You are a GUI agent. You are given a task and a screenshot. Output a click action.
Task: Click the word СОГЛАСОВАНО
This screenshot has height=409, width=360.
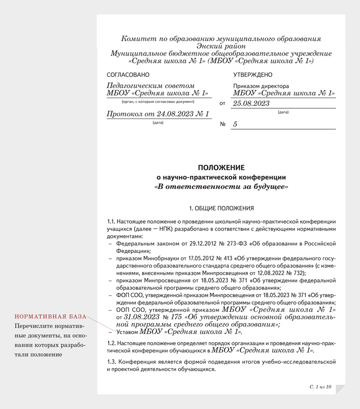(x=128, y=75)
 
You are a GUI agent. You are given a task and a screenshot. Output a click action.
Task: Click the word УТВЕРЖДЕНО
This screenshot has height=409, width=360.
(x=253, y=75)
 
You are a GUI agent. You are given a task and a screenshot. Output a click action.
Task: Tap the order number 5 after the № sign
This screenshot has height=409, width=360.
(x=235, y=124)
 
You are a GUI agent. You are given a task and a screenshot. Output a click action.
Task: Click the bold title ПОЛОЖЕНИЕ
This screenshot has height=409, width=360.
(x=221, y=168)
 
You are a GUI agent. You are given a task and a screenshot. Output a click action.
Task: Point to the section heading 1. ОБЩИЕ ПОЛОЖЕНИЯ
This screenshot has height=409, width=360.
(x=221, y=208)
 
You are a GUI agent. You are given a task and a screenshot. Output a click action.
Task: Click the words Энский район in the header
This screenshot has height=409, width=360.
(x=221, y=46)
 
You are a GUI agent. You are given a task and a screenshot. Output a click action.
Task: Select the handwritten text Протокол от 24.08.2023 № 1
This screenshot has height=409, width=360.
(x=158, y=114)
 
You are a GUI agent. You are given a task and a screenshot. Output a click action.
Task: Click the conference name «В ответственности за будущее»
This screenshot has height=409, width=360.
(x=221, y=187)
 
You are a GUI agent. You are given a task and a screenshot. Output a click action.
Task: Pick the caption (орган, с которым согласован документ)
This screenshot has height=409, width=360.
(x=158, y=101)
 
